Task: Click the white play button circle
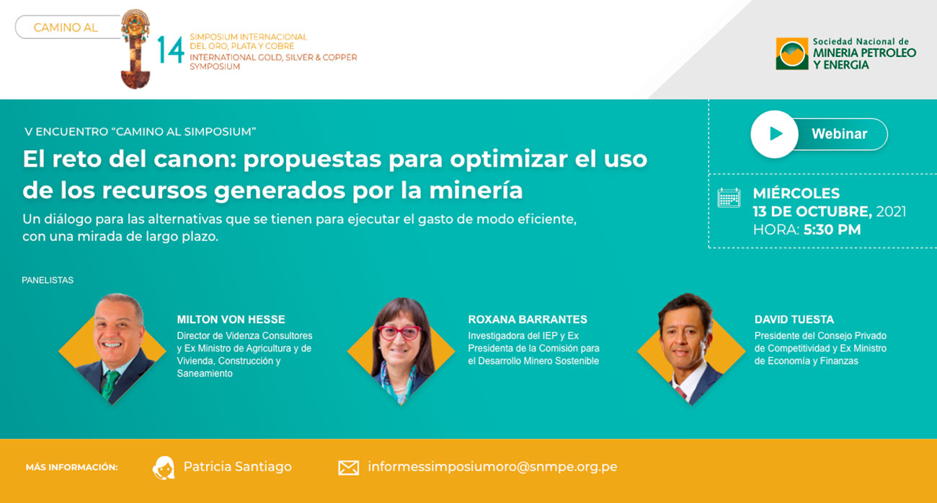774,134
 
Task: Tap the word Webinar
839,134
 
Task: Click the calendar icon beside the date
729,198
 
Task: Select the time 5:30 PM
832,229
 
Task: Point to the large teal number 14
171,50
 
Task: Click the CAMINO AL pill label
68,27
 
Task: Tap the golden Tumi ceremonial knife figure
135,49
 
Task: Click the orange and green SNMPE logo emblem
792,53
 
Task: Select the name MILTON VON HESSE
231,319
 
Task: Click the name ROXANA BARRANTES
528,319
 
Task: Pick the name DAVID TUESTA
794,319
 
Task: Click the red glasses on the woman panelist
400,333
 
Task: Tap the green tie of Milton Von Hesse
110,385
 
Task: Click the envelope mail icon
348,468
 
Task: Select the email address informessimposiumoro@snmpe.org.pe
492,467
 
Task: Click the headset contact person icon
163,468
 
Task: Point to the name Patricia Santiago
238,467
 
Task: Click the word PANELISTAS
48,280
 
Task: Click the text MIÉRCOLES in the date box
796,193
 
